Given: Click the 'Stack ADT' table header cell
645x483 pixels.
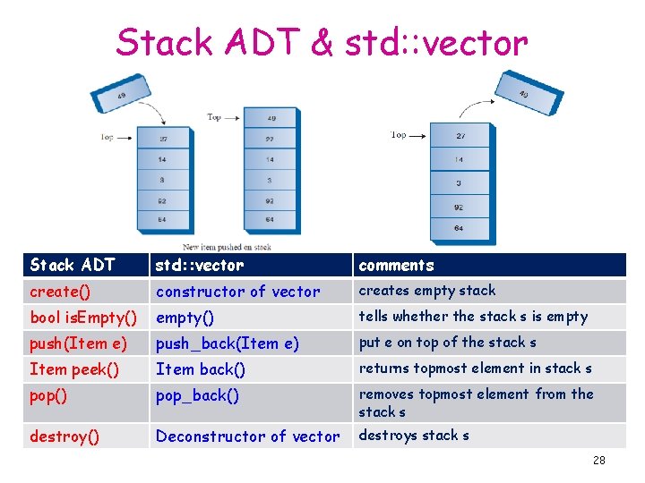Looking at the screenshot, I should (x=73, y=265).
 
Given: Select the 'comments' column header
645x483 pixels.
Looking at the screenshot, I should (x=396, y=265).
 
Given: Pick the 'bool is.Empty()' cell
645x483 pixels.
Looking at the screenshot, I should (x=83, y=318).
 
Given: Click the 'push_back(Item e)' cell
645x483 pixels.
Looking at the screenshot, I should (x=227, y=343).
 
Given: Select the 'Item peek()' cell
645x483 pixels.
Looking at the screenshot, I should (x=74, y=369).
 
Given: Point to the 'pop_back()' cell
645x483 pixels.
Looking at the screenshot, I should (x=197, y=395).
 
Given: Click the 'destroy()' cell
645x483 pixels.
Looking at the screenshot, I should (x=64, y=436).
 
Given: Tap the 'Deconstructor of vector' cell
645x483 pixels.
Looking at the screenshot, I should (x=248, y=436).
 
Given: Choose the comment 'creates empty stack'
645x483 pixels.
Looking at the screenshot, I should (x=426, y=291).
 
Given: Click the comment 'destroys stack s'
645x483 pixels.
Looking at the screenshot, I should (x=414, y=436).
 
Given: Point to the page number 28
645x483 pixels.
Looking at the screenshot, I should (x=598, y=461).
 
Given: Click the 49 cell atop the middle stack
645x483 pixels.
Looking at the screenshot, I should (x=271, y=118).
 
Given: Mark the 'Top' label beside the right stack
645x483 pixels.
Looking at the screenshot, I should (x=399, y=135).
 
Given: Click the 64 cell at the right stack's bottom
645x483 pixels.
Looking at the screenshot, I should (x=460, y=229).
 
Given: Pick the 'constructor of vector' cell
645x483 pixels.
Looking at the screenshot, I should (x=237, y=292).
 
